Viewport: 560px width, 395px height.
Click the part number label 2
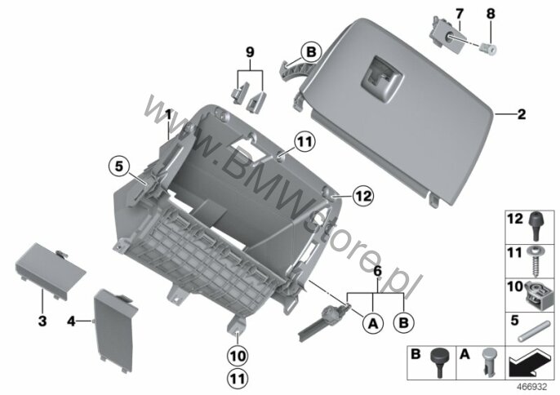(522, 114)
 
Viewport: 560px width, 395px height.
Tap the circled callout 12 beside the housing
(363, 196)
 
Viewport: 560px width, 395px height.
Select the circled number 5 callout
(119, 166)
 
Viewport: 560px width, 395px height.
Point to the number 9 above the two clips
(250, 52)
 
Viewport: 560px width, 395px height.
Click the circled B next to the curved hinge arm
(312, 52)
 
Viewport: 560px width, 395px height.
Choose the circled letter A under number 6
(373, 323)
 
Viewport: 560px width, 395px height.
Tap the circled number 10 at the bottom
(238, 356)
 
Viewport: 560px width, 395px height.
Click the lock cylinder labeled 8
(488, 49)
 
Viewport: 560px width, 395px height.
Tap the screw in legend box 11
(535, 261)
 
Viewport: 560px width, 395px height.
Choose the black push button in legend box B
(439, 361)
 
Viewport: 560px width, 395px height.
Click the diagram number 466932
(532, 387)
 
